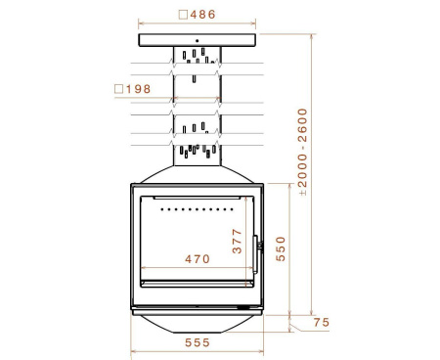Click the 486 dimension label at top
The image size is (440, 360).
[x=203, y=15]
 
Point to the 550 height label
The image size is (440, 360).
[x=281, y=248]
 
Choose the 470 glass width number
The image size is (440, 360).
[x=198, y=260]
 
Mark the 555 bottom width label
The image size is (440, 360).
[x=197, y=344]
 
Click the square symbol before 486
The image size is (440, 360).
[x=184, y=15]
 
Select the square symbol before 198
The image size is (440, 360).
[x=119, y=89]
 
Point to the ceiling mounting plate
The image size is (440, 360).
[x=198, y=39]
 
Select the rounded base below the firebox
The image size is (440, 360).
[x=198, y=322]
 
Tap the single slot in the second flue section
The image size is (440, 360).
[x=196, y=77]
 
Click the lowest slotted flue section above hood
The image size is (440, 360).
[x=197, y=150]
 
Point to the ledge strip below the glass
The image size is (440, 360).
[x=197, y=281]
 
